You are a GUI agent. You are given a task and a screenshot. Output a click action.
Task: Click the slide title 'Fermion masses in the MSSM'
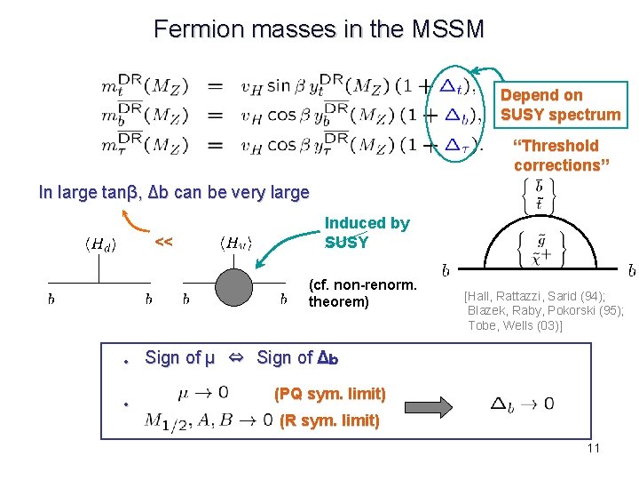click(319, 29)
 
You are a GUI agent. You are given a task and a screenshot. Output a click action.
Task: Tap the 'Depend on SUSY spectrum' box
click(560, 105)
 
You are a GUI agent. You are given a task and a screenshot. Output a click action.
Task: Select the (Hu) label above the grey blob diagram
click(235, 242)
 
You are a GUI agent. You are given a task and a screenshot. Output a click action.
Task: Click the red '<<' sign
click(163, 242)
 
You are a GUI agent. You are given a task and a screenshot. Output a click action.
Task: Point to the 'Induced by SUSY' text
click(367, 232)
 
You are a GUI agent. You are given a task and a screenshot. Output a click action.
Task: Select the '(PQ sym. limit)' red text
click(329, 394)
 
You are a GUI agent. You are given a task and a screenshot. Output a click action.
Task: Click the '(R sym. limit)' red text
click(329, 420)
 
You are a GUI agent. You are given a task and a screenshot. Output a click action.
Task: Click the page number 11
click(593, 448)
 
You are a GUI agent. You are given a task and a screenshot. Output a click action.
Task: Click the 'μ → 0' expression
click(203, 392)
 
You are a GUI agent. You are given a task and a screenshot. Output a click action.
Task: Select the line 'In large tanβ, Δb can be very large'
click(174, 192)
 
